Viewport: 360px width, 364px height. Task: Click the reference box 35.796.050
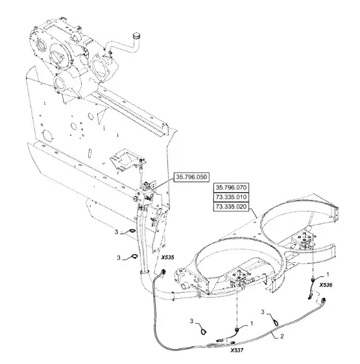point(191,177)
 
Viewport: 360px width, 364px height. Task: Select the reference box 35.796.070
point(231,188)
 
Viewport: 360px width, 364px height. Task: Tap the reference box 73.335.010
point(231,197)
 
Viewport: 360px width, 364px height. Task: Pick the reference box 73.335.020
point(231,206)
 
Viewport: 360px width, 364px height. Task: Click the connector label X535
point(167,258)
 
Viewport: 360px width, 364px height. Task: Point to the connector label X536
point(326,285)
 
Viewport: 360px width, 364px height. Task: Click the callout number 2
point(282,336)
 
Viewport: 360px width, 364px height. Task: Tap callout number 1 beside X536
point(328,274)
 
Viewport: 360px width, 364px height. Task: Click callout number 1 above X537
point(252,324)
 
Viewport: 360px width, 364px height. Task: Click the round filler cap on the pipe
point(136,36)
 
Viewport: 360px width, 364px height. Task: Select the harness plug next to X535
point(163,272)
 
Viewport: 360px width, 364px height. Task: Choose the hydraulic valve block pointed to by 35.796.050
point(143,195)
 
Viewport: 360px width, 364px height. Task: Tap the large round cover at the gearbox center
point(60,55)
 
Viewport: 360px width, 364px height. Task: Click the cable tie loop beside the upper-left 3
point(132,230)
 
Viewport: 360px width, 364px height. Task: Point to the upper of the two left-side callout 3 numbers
point(116,232)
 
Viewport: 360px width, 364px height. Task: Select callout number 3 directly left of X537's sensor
point(191,321)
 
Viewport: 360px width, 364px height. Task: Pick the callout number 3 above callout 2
point(263,312)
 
